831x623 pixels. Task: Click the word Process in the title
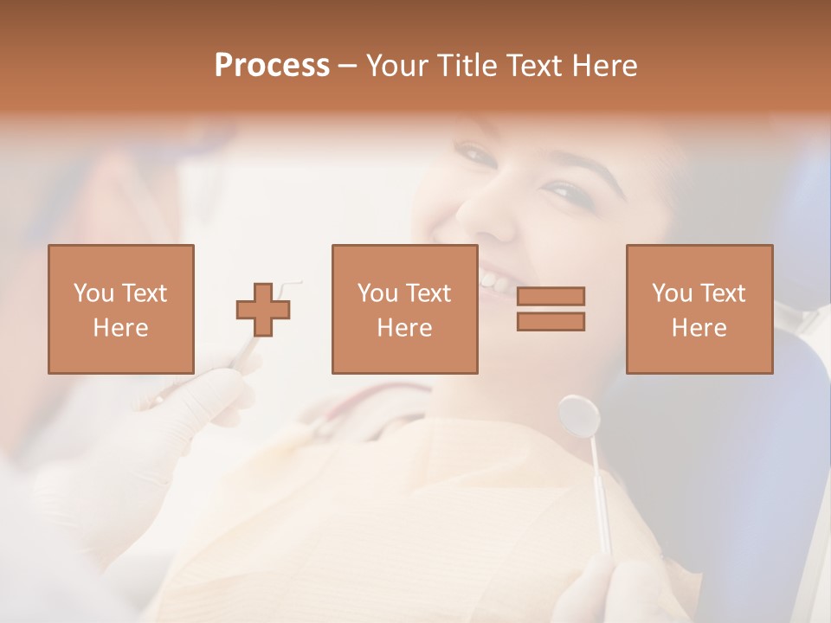(x=272, y=66)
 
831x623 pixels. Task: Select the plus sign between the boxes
(x=263, y=310)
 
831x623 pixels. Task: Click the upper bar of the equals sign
(x=551, y=296)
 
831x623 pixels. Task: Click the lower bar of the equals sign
(x=551, y=322)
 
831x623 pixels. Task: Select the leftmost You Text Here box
(x=121, y=309)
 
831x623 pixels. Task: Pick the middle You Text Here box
(x=404, y=309)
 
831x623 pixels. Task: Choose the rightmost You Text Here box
(x=699, y=309)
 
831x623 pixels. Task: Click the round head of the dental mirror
(x=579, y=414)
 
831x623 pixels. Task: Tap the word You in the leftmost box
(x=92, y=293)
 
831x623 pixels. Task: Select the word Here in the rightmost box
(x=699, y=327)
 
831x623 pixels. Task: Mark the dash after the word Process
(x=348, y=66)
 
